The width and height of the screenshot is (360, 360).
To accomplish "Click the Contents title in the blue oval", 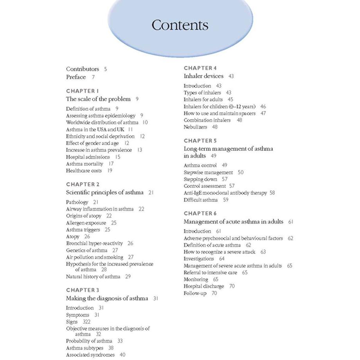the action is click(x=180, y=25).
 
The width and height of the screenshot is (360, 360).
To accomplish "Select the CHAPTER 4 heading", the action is click(x=200, y=68).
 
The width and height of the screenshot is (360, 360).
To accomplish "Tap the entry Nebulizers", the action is click(x=195, y=127).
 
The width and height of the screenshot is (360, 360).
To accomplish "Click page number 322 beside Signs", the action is click(x=86, y=322).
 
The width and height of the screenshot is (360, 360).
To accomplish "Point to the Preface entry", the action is click(x=76, y=77).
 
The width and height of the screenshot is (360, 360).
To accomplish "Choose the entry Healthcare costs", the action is click(x=84, y=171).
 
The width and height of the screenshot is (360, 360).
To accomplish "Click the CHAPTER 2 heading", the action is click(x=83, y=184).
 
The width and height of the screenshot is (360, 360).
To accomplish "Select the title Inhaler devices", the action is click(x=203, y=76).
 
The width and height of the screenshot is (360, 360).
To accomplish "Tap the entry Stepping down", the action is click(x=200, y=179).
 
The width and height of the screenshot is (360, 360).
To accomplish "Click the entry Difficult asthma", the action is click(x=201, y=200).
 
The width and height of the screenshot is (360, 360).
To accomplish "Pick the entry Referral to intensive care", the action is click(x=210, y=272).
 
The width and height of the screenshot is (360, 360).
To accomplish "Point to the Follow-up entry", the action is click(x=195, y=293).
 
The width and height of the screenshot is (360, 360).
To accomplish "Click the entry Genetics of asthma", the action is click(x=87, y=250).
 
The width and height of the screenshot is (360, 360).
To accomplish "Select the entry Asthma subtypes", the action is click(x=85, y=348).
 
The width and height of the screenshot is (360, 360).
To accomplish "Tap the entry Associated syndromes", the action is click(x=90, y=355).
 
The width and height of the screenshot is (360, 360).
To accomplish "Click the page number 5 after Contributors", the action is click(x=105, y=69).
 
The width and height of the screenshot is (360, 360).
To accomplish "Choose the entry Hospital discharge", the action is click(x=203, y=286).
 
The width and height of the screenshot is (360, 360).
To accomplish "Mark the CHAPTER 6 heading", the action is click(x=200, y=213).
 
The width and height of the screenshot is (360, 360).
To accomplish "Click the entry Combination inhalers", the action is click(x=207, y=120).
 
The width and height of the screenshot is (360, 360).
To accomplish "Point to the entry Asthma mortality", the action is click(x=85, y=164).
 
